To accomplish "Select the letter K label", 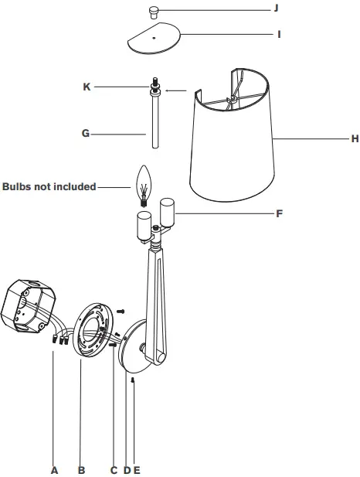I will point(87,87).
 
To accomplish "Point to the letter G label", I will point(86,133).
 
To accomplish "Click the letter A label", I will point(54,469).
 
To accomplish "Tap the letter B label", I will point(81,469).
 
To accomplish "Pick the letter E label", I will point(137,469).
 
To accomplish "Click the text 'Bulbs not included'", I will point(49,186).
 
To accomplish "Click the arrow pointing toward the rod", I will point(176,91).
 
